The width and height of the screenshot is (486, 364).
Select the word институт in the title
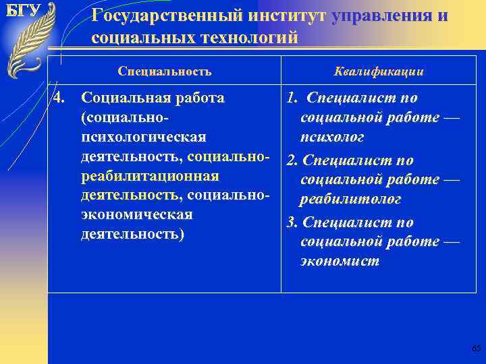coord(286,16)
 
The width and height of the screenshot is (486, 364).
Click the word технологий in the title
coord(249,38)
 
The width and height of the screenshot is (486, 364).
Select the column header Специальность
coord(165,71)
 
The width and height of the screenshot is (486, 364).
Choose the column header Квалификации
coord(379,71)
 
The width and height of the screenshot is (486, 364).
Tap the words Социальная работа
coord(153,98)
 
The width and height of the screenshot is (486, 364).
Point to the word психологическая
coord(143,138)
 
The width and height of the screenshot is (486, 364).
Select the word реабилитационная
coord(150,176)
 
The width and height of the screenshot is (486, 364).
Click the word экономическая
coord(136,215)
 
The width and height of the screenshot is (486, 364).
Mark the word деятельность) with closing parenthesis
coord(132,235)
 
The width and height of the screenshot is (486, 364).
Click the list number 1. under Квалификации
coord(292,98)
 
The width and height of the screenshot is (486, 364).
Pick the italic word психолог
coord(332,138)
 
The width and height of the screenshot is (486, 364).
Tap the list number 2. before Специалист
coord(292,160)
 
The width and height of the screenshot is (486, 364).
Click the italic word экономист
coord(340,261)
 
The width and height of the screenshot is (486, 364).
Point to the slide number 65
coord(475,348)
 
